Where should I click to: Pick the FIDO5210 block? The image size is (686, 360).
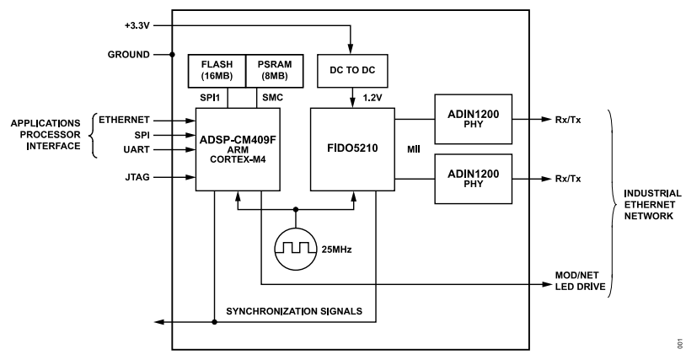click(x=351, y=148)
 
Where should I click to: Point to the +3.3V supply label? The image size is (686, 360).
click(x=135, y=24)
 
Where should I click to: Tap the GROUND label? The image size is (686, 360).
click(x=129, y=54)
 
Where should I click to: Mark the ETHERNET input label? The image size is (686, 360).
click(x=124, y=120)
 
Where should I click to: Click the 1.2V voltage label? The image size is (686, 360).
click(x=371, y=99)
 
